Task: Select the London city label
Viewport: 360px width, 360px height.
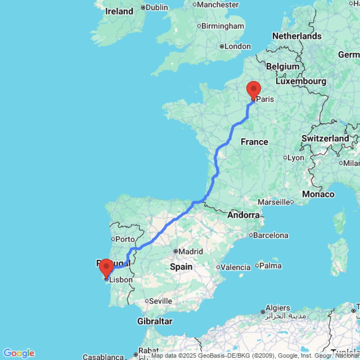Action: click(237, 46)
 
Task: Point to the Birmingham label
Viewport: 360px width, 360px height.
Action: click(222, 26)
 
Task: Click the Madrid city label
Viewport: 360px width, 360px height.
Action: click(191, 251)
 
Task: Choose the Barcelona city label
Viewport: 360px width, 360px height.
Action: click(271, 235)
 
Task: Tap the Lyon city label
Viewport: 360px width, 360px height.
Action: click(295, 157)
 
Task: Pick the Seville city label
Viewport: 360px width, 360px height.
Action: click(161, 301)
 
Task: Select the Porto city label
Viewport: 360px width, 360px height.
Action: click(125, 239)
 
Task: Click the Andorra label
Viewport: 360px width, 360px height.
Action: click(243, 215)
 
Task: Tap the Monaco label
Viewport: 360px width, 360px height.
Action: click(318, 194)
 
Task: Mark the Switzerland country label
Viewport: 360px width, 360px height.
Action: click(325, 138)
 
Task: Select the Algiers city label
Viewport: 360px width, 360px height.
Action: click(278, 308)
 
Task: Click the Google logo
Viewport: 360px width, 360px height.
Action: click(19, 353)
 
